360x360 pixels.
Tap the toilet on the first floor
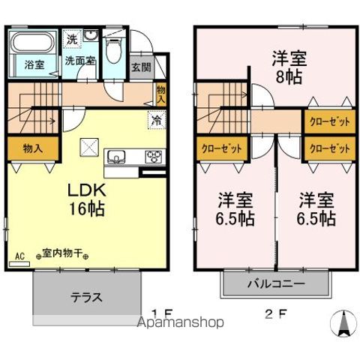tap(114, 50)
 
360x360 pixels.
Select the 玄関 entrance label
tap(141, 67)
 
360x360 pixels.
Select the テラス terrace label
tap(86, 296)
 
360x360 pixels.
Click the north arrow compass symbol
tap(343, 322)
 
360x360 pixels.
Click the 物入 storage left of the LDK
tap(32, 148)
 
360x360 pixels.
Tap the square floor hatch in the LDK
tap(88, 147)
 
